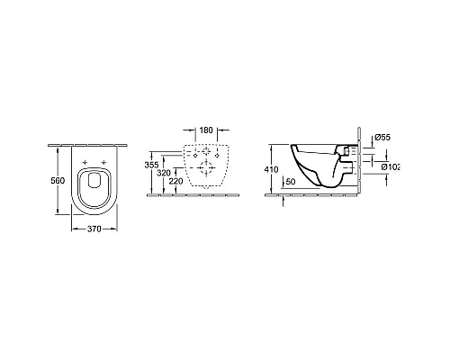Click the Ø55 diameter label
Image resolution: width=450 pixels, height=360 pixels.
pyautogui.click(x=382, y=137)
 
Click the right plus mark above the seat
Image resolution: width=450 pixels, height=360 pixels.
pyautogui.click(x=105, y=162)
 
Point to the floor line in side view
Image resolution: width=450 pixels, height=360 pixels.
pyautogui.click(x=315, y=193)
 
